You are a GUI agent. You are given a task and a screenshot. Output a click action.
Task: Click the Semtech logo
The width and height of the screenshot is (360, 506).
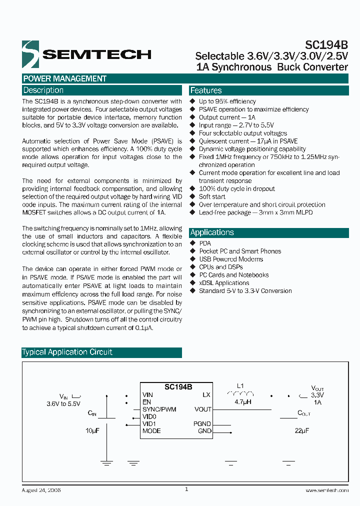coord(86,54)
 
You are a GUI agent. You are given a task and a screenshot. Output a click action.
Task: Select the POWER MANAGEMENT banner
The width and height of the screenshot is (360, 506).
coord(65,78)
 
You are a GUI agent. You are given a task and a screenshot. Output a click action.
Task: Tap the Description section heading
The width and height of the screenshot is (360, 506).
coord(43,90)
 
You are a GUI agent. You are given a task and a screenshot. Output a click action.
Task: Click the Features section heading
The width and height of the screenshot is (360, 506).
coord(206,90)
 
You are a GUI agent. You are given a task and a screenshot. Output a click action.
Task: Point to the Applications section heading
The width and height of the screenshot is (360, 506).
coord(212,232)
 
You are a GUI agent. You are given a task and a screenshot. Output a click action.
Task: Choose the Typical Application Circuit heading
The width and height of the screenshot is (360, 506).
coord(67,352)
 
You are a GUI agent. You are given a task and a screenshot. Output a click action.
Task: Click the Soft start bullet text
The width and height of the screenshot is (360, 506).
coord(212,196)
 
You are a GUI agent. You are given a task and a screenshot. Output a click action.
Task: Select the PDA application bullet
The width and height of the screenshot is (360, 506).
coord(205,243)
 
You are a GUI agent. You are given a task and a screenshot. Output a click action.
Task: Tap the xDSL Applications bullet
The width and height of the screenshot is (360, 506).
coord(224,283)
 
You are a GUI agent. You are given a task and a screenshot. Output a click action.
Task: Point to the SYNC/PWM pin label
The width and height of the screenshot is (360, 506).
coord(159,409)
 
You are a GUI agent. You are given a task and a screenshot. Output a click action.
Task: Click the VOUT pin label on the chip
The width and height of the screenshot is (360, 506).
coord(202,409)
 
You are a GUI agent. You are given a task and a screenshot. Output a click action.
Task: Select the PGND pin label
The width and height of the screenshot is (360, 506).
coord(202,424)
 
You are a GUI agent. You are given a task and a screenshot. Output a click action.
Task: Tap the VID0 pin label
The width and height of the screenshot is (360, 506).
coord(149,416)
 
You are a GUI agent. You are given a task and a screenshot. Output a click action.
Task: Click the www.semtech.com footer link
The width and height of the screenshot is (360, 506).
coord(326,491)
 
